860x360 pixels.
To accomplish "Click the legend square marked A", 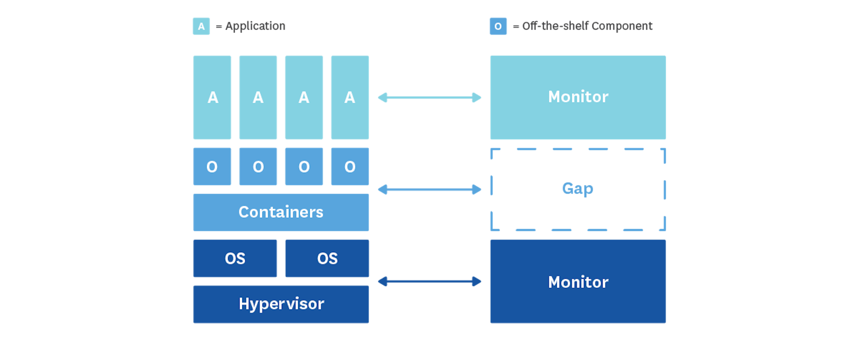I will (x=201, y=26).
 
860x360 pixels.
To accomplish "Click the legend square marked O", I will (x=498, y=26).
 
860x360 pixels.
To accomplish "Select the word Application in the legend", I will (x=255, y=26).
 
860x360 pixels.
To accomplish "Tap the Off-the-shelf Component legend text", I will (x=587, y=26).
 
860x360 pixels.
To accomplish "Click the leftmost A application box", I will (x=212, y=97).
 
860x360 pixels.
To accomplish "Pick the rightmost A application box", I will (x=350, y=97).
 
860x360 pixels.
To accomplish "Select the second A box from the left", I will (x=258, y=97).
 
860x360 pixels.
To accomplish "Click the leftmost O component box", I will (x=212, y=167).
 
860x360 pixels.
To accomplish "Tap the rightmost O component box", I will (x=350, y=167).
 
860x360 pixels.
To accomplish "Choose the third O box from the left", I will (x=304, y=167).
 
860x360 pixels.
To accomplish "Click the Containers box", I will (x=281, y=212).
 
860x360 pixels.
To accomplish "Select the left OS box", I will (x=235, y=258).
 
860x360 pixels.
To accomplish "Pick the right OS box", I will (x=327, y=258).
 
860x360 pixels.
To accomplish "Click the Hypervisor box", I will (x=281, y=304).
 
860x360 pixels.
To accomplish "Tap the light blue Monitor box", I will (x=578, y=97).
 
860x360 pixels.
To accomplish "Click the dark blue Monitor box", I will (x=578, y=281).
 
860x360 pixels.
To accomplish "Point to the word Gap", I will (x=578, y=189).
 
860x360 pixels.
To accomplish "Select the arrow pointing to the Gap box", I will (x=429, y=190).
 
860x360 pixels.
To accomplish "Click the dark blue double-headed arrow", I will (x=429, y=281).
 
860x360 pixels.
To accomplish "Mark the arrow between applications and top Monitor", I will (x=429, y=97).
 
